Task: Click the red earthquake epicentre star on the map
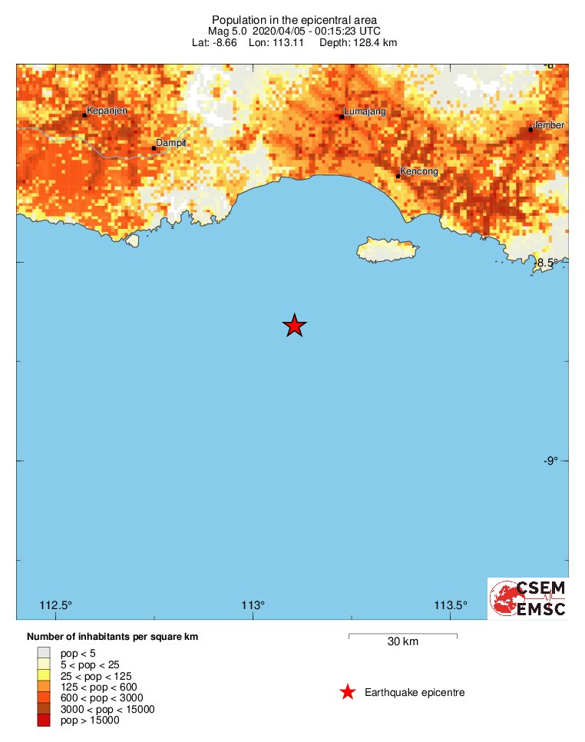[x=294, y=326]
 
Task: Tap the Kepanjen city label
[x=107, y=111]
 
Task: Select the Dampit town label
[x=171, y=143]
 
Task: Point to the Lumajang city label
[x=365, y=112]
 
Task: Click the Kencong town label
[x=419, y=171]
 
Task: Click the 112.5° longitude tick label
[x=55, y=605]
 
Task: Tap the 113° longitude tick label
[x=253, y=605]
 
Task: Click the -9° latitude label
[x=551, y=461]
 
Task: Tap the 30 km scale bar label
[x=402, y=642]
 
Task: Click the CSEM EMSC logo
[x=528, y=598]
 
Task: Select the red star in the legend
[x=348, y=693]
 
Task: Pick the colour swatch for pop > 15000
[x=43, y=720]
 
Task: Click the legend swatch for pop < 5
[x=43, y=653]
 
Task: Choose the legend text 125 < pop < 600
[x=98, y=687]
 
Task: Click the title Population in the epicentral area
[x=294, y=19]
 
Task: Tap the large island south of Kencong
[x=388, y=250]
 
